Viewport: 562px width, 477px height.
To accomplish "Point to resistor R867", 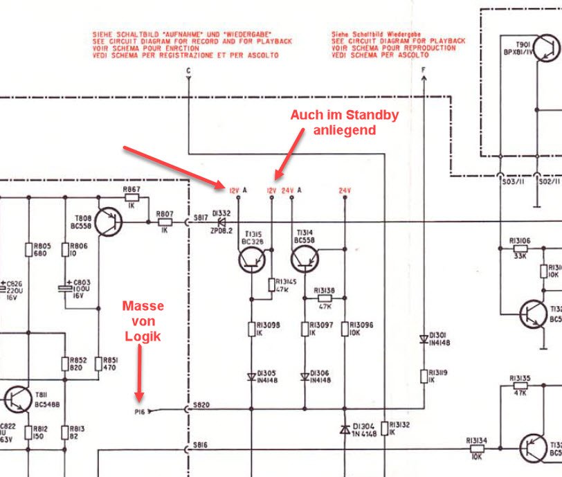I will tap(132, 198).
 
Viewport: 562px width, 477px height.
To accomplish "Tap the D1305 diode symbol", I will tap(251, 377).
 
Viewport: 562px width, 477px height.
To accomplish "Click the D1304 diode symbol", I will tap(345, 429).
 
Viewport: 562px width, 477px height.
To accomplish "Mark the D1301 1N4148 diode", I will tap(424, 339).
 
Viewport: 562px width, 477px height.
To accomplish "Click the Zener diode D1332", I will tap(222, 223).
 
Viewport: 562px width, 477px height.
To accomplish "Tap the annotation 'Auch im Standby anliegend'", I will tap(345, 122).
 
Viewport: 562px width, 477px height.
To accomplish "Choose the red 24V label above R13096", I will tap(345, 190).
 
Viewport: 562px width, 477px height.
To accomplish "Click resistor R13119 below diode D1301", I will tap(424, 377).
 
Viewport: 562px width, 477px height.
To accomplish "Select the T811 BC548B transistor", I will tap(16, 399).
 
